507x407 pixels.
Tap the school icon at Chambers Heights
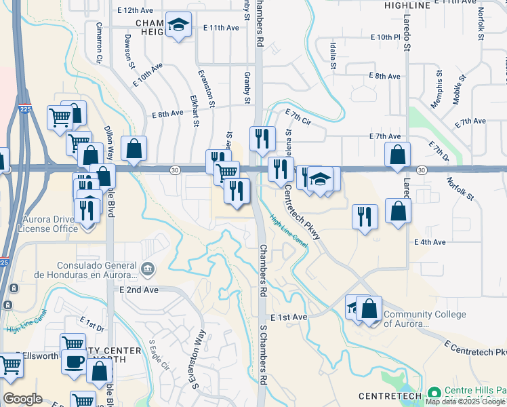[x=178, y=25]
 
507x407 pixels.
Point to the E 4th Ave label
[x=430, y=241]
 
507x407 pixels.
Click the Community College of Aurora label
[x=425, y=319]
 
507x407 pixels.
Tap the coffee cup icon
[x=73, y=360]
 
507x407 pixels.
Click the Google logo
[x=22, y=399]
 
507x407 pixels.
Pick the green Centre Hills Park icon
[x=434, y=393]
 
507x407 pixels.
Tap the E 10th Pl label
[x=386, y=37]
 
